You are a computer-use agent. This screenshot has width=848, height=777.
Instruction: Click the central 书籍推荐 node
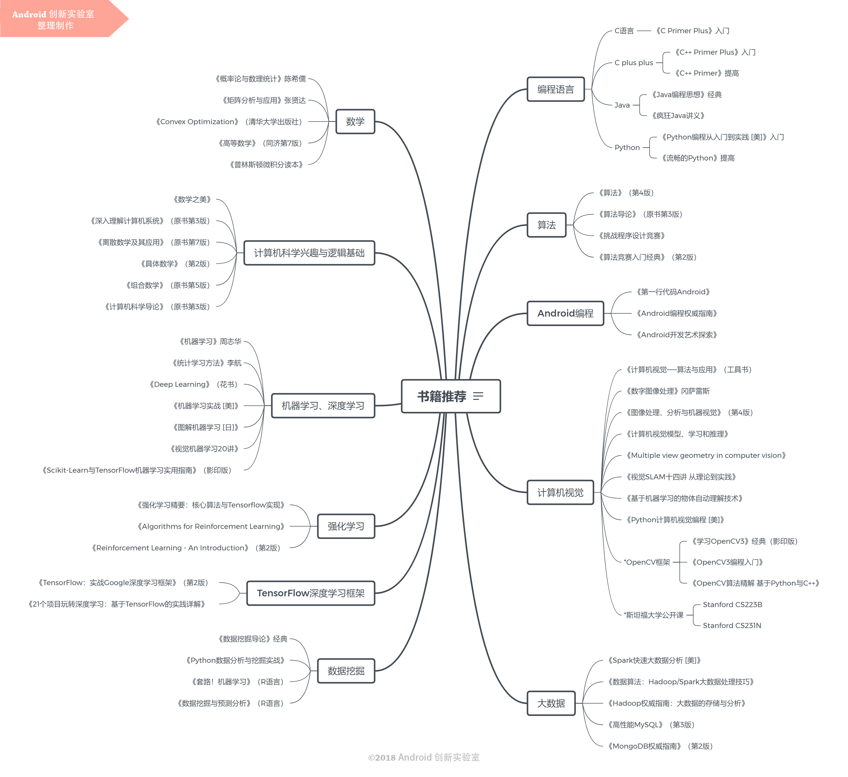[x=450, y=396]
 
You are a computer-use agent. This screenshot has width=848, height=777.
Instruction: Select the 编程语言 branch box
[x=556, y=89]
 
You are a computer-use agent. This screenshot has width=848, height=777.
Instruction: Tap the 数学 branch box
[x=355, y=122]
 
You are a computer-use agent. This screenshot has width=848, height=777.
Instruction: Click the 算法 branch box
[x=546, y=225]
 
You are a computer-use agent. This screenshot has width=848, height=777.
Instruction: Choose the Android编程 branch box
[x=565, y=313]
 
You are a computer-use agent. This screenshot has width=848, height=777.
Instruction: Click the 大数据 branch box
[x=551, y=703]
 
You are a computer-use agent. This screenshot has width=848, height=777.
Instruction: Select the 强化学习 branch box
[x=346, y=526]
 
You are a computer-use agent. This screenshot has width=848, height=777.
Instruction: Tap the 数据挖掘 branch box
[x=346, y=671]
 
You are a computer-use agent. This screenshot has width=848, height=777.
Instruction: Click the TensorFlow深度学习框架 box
[x=310, y=593]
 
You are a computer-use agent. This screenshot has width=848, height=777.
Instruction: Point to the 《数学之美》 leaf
[x=192, y=199]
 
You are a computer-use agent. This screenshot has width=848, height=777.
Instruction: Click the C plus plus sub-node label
[x=634, y=63]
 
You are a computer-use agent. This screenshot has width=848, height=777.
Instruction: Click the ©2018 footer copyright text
[x=424, y=757]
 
